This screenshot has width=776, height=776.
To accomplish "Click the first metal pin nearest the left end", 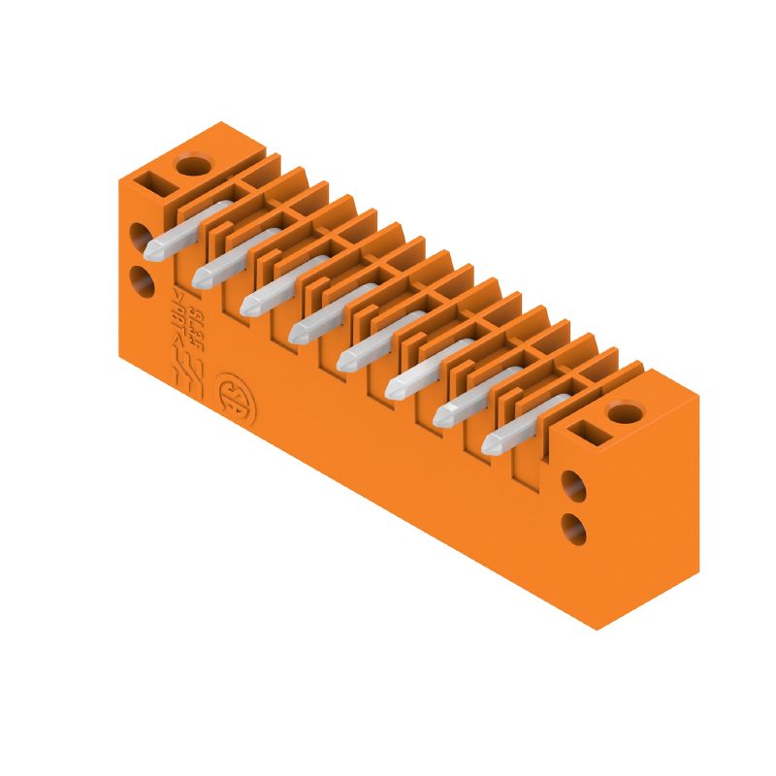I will [184, 230].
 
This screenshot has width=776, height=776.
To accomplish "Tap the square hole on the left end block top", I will [154, 179].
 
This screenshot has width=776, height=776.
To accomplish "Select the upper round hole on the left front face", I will [142, 238].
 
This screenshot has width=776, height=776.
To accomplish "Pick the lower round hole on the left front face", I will [142, 282].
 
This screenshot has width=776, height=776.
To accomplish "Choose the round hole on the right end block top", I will [621, 414].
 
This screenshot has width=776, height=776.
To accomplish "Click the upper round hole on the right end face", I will [575, 484].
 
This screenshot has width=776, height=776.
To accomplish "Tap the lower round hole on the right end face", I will [575, 528].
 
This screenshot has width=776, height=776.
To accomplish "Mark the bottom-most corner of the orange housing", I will [596, 630].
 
